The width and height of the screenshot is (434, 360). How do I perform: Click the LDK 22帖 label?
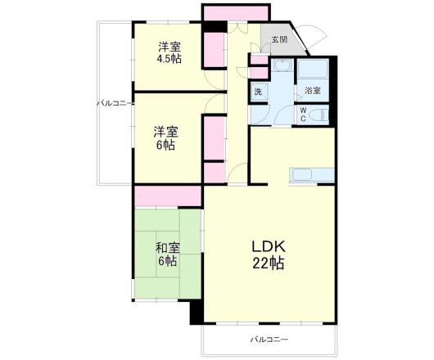(x=268, y=255)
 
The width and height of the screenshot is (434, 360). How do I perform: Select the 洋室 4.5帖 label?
(x=170, y=52)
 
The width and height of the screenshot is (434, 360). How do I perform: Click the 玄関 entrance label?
(x=279, y=39)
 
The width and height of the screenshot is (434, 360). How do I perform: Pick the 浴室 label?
(x=312, y=91)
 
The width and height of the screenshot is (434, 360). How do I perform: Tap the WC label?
(x=302, y=115)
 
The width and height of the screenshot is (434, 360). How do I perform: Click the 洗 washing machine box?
(x=258, y=92)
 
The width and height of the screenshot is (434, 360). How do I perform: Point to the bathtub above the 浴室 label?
(x=312, y=70)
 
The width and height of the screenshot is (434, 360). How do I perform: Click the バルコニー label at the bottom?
(x=269, y=338)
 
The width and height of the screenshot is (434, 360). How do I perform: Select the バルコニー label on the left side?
(x=115, y=103)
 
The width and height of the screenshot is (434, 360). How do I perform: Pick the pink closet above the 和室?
(x=168, y=196)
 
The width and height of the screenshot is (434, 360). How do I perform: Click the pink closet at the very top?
(x=236, y=13)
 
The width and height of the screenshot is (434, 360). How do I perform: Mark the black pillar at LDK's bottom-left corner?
(x=196, y=313)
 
